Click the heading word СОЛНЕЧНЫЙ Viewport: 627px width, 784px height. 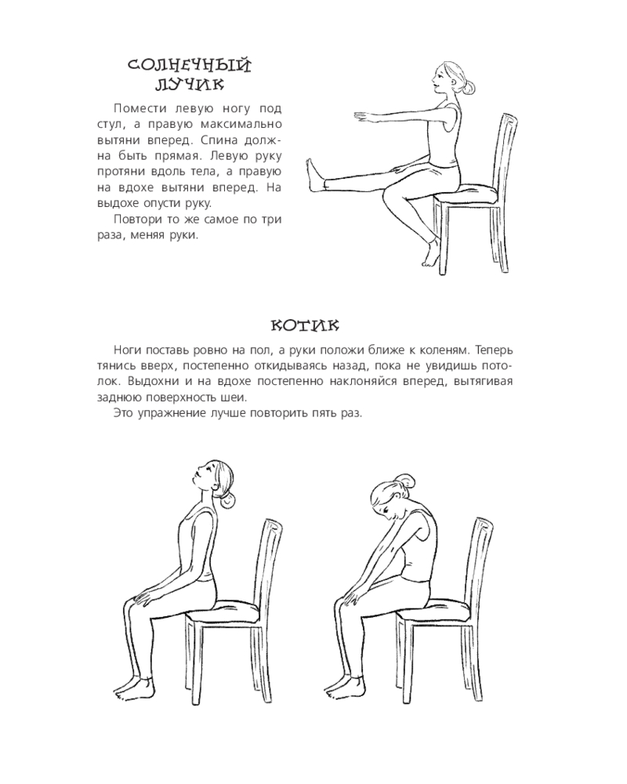(189, 66)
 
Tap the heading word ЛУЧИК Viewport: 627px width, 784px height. (190, 85)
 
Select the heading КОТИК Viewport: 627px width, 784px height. (305, 326)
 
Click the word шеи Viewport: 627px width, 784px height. (235, 398)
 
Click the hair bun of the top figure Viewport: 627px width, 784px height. (468, 89)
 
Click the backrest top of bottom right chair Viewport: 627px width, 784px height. (482, 524)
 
